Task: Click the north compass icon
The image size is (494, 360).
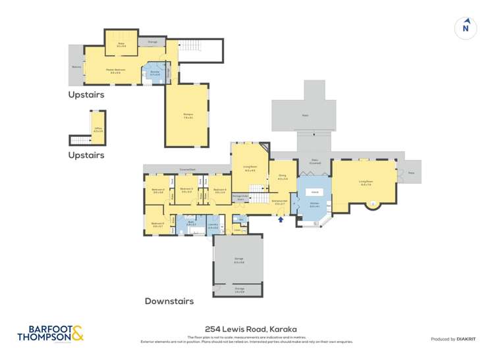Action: (x=466, y=27)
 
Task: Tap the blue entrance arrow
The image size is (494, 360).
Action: (x=282, y=220)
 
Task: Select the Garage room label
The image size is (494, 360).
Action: (x=238, y=262)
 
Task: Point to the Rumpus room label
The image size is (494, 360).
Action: (x=187, y=116)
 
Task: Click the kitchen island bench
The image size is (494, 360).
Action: (x=315, y=192)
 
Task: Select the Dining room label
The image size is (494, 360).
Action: (x=282, y=178)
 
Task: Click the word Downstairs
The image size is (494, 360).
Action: (x=169, y=301)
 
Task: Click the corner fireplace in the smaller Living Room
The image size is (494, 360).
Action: (x=264, y=149)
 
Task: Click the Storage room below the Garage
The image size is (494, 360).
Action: (x=238, y=291)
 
